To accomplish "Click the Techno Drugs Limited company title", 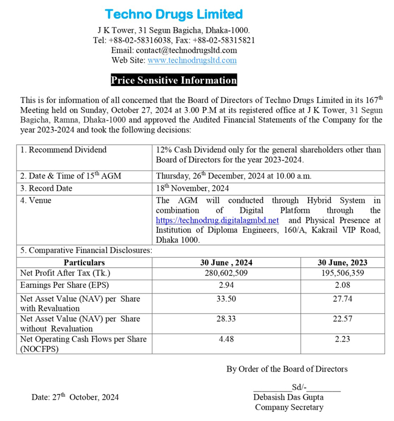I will [173, 14].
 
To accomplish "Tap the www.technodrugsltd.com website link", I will [192, 60].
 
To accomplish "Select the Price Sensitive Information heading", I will [174, 80].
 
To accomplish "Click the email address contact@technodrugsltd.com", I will [186, 50].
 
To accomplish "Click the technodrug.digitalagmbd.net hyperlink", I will [217, 220].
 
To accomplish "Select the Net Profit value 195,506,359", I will [342, 273].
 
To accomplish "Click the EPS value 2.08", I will [342, 285].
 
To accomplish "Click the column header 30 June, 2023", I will [342, 262].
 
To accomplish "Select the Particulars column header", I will [84, 262].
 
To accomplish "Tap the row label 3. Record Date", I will [46, 188].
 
